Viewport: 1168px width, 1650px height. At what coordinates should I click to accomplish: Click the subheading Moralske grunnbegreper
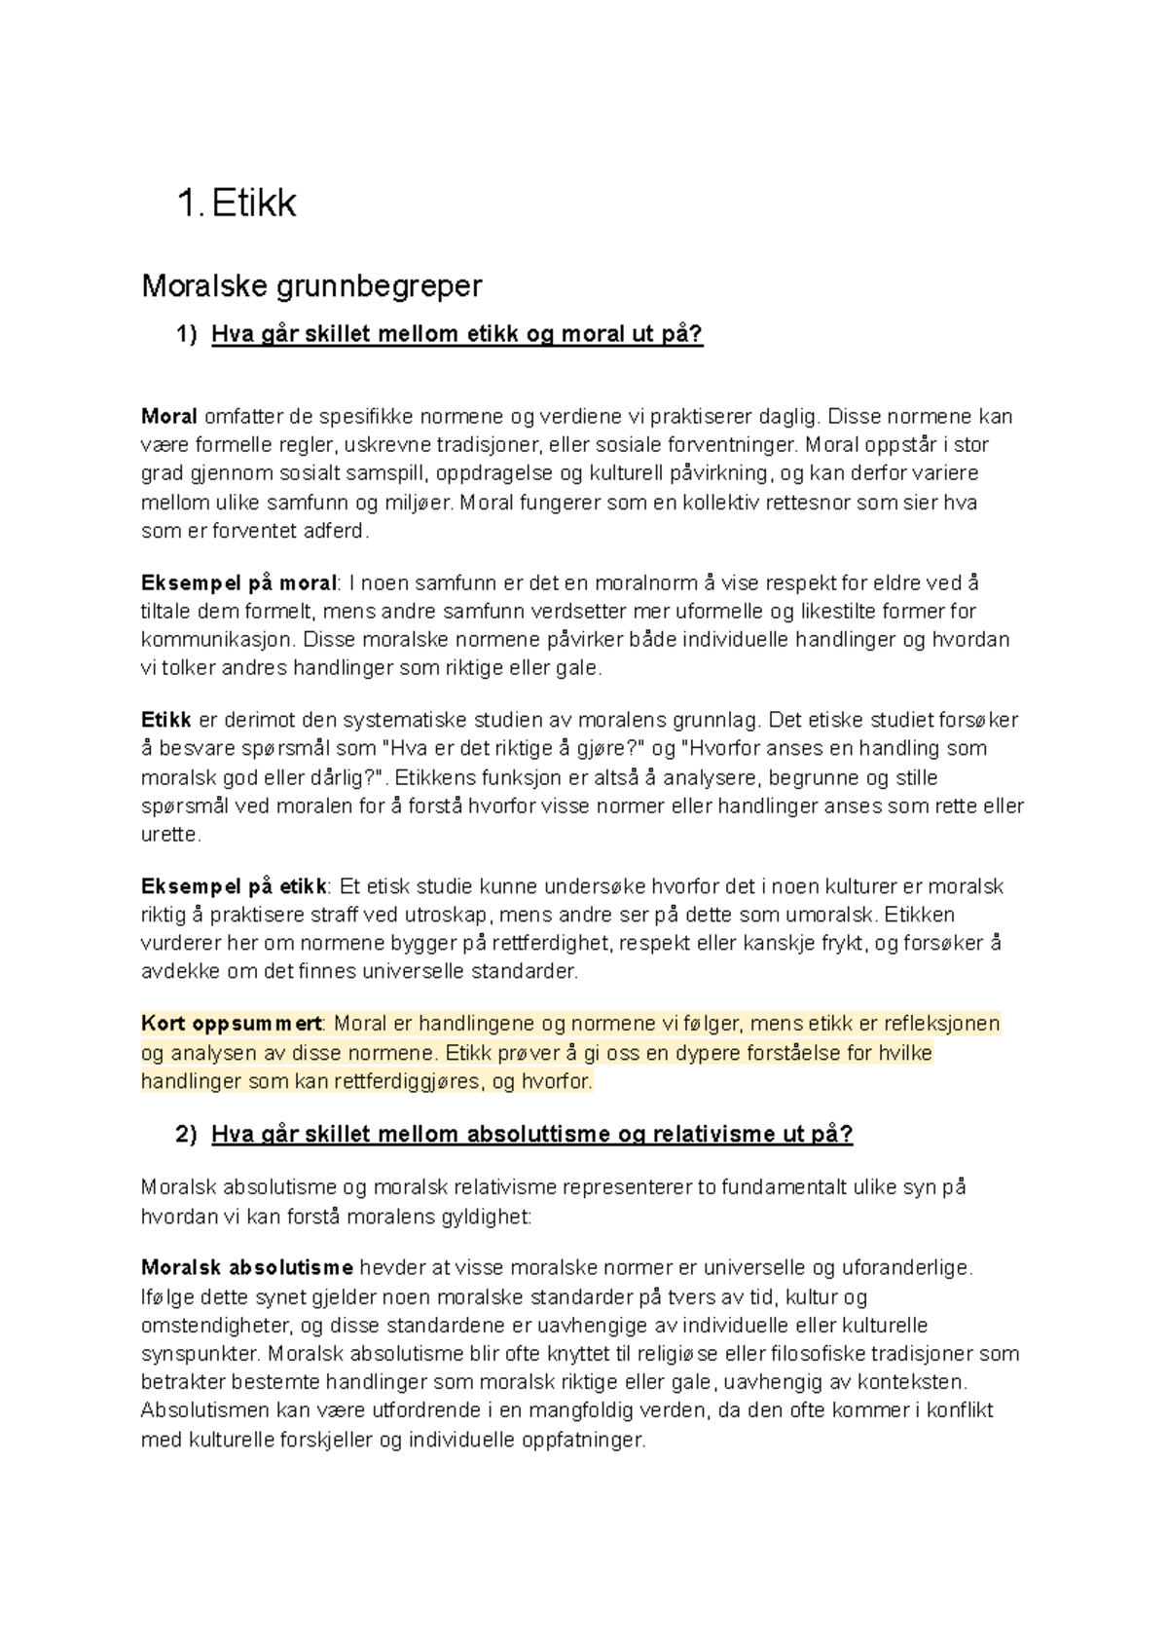pos(311,286)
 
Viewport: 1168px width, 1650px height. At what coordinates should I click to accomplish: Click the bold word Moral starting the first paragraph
pos(169,417)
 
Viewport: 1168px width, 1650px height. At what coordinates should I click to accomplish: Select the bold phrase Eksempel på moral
pos(238,583)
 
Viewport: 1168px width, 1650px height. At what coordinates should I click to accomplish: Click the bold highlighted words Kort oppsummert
pos(232,1025)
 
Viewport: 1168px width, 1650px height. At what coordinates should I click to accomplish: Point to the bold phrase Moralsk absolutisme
pos(247,1268)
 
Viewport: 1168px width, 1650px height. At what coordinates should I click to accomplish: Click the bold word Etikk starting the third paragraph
pos(166,721)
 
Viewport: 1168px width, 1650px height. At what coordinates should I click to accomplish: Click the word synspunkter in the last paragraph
pos(201,1354)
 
